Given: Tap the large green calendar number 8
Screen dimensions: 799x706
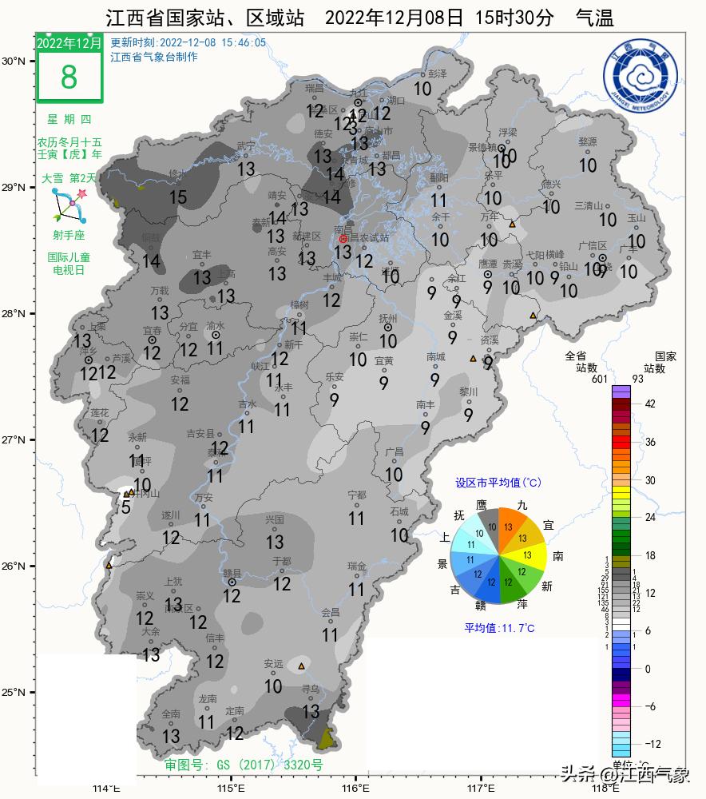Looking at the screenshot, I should (69, 77).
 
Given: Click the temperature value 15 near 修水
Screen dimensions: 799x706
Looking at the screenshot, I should (178, 197).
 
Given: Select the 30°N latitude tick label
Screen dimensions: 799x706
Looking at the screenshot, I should (14, 62).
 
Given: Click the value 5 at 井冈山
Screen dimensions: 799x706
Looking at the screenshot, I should (125, 507).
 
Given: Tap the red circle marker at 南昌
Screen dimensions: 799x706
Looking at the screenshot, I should (343, 239).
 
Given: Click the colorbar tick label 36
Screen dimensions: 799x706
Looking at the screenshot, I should (650, 442).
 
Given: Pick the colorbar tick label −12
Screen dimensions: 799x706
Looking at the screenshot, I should (652, 744).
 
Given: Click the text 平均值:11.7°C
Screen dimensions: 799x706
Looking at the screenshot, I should (499, 628).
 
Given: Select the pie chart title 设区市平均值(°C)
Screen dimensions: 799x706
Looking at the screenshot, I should (498, 483).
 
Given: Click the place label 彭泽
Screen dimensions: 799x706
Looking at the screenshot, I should (437, 73).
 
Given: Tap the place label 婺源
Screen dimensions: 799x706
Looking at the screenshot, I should (587, 141).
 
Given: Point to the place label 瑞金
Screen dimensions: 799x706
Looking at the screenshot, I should (356, 566).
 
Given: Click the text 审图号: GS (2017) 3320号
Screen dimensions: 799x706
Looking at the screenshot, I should (244, 765).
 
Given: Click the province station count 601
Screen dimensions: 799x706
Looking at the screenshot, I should (600, 379).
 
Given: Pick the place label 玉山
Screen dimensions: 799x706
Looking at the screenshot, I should (636, 217).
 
